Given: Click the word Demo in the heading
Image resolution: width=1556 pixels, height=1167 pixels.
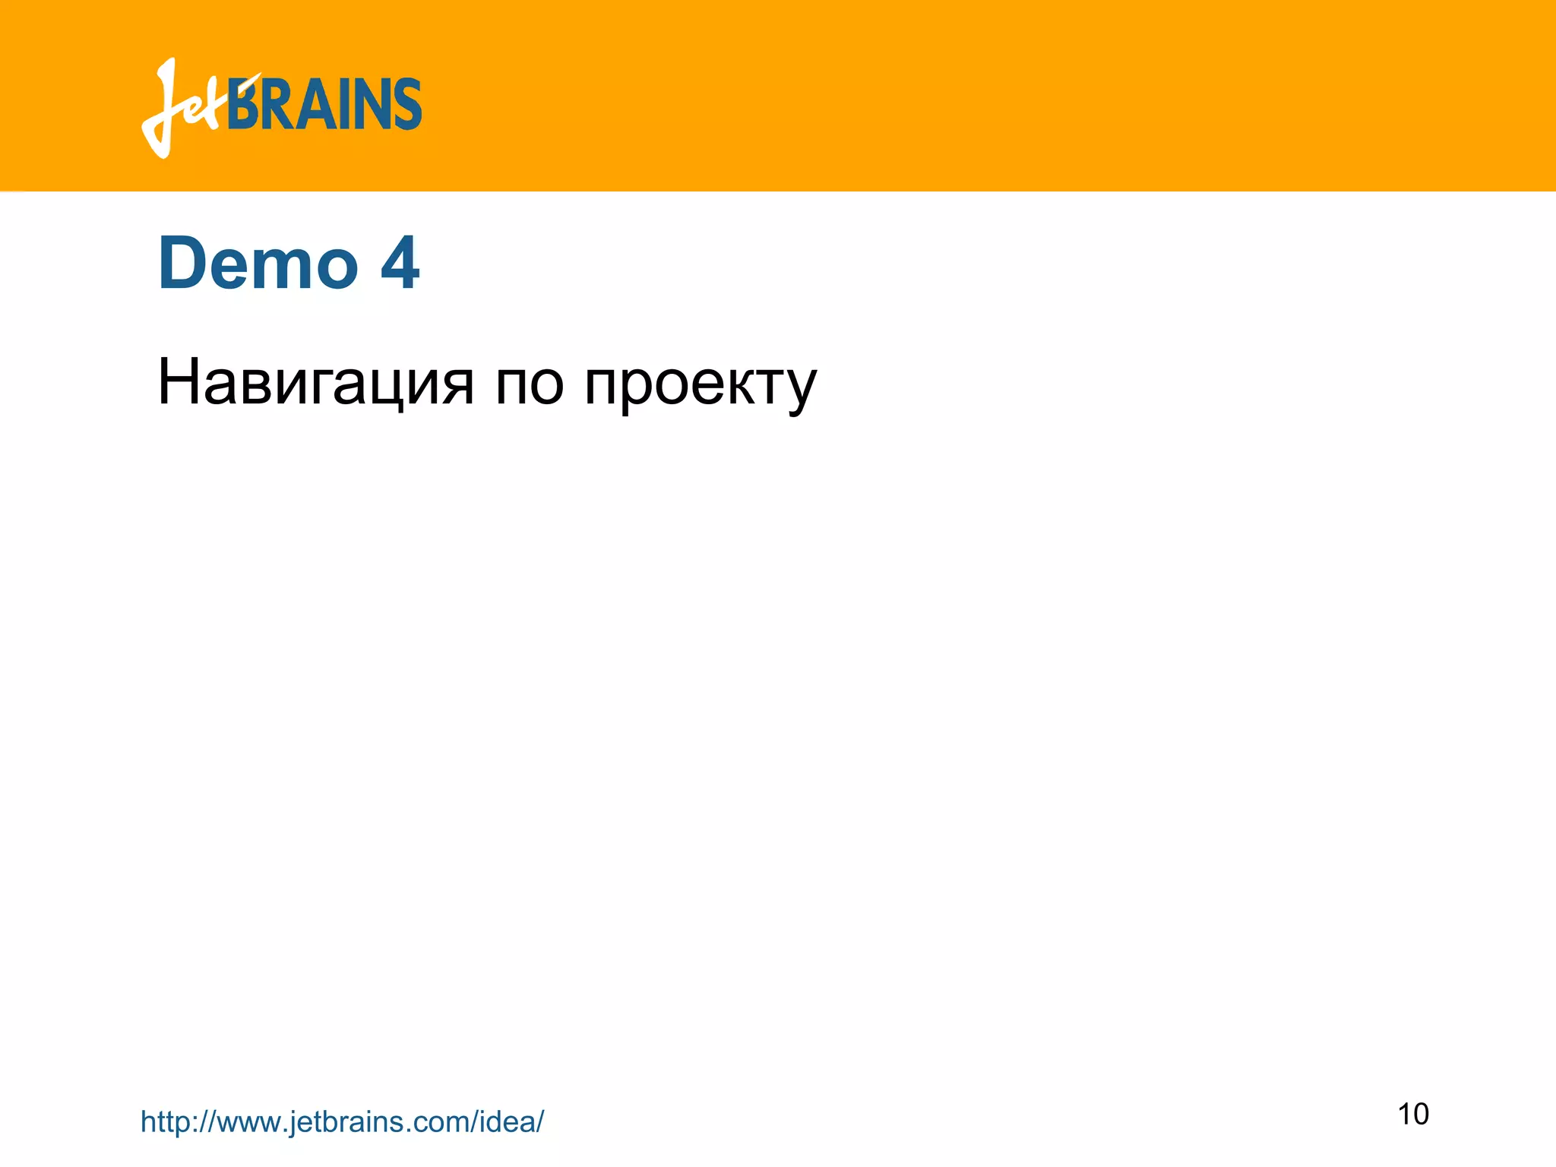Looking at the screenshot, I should tap(258, 264).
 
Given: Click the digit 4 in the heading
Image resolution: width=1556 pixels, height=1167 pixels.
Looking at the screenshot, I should tap(400, 264).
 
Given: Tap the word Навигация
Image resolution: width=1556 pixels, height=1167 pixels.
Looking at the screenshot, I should tap(315, 382).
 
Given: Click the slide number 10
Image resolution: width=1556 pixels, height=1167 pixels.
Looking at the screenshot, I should tap(1413, 1114).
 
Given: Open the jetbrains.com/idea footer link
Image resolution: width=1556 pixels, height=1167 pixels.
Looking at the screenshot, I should tap(342, 1121).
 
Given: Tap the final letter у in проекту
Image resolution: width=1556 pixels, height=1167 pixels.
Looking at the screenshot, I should tap(799, 388).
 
